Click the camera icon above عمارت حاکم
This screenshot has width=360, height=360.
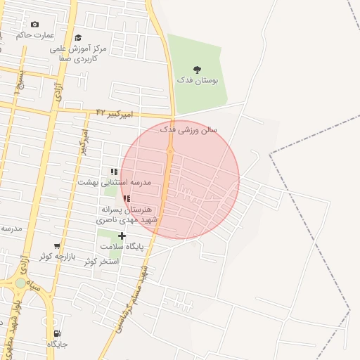tap(34, 25)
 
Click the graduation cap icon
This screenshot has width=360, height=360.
tap(78, 37)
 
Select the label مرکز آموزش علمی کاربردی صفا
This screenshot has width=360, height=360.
tap(82, 54)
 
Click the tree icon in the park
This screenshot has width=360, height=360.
tap(197, 70)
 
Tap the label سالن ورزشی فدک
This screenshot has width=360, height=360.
tap(189, 130)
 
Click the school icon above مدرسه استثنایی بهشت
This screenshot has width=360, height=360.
tap(114, 172)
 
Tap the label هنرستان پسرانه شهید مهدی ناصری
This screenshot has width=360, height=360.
tap(127, 214)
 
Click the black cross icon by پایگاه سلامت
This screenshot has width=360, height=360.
tap(122, 236)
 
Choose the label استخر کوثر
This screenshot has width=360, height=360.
tap(101, 261)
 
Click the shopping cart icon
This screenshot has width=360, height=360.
tap(57, 246)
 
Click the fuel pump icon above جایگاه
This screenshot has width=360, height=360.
tap(57, 333)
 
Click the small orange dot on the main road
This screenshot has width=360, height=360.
tap(169, 150)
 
